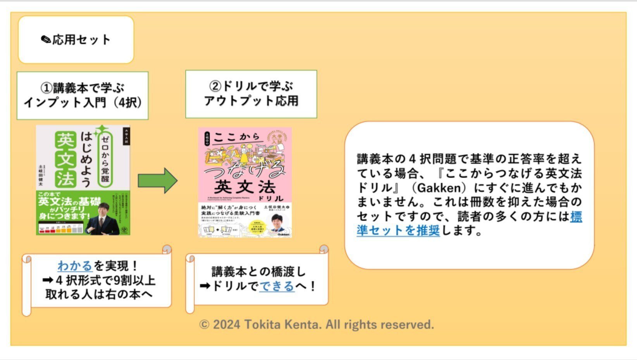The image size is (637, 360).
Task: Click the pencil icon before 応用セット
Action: click(46, 40)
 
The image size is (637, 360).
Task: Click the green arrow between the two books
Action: click(157, 181)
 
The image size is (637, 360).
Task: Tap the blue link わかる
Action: click(75, 266)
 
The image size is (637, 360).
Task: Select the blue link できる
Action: click(277, 286)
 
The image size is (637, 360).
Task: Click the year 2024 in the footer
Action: click(226, 324)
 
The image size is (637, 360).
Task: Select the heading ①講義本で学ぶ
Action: click(83, 88)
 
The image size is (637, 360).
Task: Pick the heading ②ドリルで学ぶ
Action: click(251, 86)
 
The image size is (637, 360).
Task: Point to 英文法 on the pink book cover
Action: click(244, 188)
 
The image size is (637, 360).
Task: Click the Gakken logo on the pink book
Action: click(283, 234)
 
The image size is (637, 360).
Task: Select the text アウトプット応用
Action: click(251, 101)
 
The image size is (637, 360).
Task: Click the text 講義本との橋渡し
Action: click(258, 272)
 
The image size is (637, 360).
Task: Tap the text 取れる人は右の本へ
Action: click(99, 294)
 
